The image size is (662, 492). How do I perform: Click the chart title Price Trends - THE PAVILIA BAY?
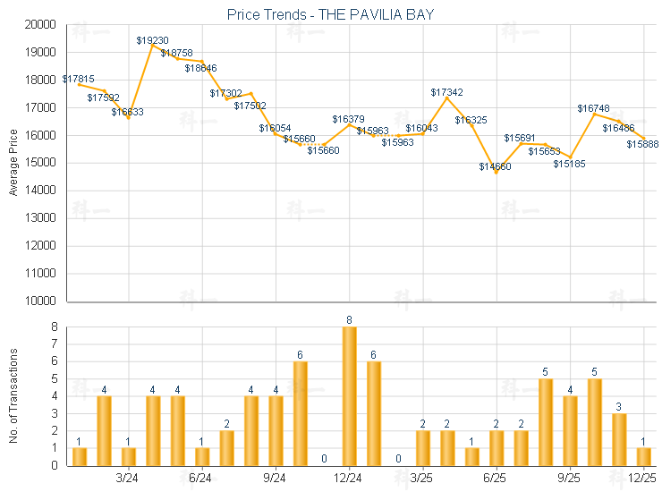[x=330, y=14]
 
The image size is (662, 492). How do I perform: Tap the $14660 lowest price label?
[x=495, y=166]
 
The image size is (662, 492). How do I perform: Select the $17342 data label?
[x=446, y=92]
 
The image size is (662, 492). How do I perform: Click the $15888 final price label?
[x=642, y=144]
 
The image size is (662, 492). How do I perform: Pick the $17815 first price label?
[x=78, y=79]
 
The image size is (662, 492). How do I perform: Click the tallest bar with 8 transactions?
[x=349, y=395]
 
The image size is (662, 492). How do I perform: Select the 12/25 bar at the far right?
[x=643, y=456]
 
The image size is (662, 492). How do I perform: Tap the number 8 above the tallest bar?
[x=349, y=319]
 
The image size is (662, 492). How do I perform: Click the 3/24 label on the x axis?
[x=127, y=478]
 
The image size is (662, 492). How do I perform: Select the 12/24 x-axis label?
[x=348, y=478]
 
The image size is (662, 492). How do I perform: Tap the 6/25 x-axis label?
[x=495, y=478]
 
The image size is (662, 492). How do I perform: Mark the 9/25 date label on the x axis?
[x=569, y=478]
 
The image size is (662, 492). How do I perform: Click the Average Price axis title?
[x=13, y=164]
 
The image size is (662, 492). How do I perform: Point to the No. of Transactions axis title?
[x=13, y=396]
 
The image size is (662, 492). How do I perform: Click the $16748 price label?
[x=593, y=108]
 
